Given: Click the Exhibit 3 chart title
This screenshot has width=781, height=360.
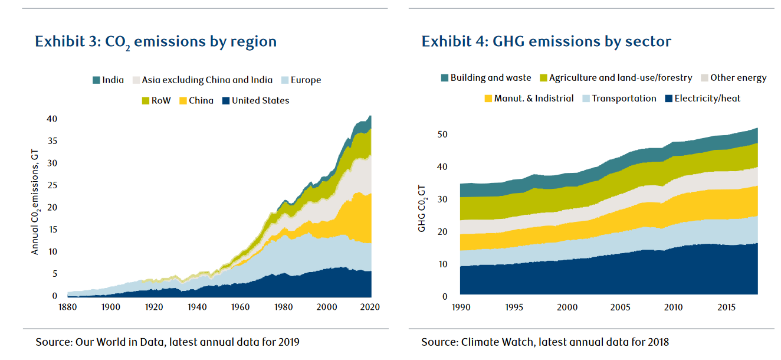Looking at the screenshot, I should [156, 42].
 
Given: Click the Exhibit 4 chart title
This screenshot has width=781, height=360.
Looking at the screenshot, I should [546, 42].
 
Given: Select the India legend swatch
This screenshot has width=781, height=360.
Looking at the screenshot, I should [96, 80].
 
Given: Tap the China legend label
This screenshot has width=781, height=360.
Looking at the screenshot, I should [201, 100].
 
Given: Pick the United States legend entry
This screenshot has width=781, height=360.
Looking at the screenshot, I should [255, 100].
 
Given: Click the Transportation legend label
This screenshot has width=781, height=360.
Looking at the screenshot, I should [624, 99].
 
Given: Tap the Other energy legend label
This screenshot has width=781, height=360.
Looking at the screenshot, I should [738, 78].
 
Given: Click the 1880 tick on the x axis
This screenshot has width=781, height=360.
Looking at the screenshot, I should [67, 307].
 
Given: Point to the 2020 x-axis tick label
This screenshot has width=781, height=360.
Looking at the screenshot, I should [370, 307].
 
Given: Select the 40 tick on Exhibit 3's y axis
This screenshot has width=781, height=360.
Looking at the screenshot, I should [52, 119].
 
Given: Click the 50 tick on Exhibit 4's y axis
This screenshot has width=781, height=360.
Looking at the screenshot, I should [442, 135].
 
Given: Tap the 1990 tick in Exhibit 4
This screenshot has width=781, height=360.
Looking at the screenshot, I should [460, 307].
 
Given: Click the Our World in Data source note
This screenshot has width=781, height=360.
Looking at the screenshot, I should [168, 342].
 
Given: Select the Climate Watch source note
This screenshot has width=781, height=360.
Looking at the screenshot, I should [545, 342].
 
